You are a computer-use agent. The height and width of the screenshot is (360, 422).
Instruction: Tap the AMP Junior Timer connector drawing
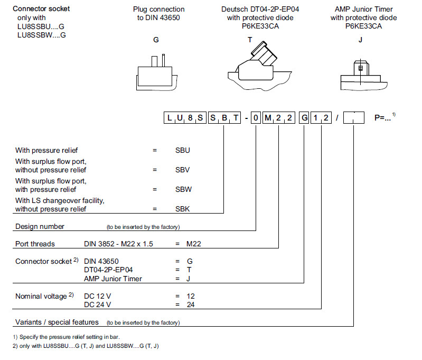coord(361,74)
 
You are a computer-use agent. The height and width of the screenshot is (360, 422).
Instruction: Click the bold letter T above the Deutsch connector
coord(250,40)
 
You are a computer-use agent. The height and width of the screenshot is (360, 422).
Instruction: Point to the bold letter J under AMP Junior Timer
coord(360,40)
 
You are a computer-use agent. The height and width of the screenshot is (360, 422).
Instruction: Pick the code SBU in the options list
coord(183,150)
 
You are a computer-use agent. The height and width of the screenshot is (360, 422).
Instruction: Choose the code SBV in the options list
coord(183,170)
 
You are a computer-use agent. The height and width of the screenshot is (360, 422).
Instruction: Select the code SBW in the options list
coord(183,189)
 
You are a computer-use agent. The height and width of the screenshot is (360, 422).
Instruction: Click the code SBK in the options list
coord(183,209)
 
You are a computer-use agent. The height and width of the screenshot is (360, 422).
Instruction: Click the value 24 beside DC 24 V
coord(191,306)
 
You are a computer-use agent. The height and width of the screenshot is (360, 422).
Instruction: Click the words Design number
coord(40,226)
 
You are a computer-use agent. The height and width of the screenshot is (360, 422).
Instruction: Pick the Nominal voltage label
coord(41,297)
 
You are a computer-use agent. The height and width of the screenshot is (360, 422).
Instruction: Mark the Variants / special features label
coord(57,322)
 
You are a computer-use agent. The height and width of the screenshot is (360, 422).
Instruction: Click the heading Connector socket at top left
coord(41,9)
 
